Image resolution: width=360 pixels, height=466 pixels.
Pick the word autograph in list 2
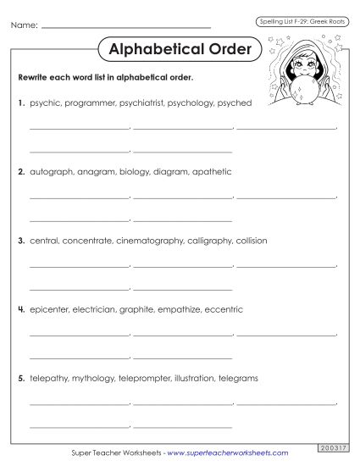click(x=52, y=171)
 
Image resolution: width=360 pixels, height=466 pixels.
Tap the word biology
click(x=134, y=171)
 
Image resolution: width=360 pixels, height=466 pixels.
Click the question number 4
click(x=21, y=309)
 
